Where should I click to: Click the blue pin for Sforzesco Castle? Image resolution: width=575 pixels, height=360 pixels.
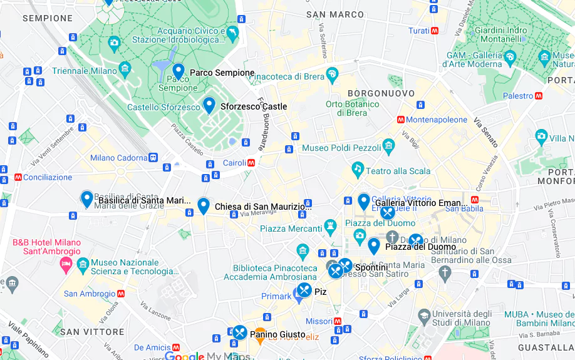point(209,105)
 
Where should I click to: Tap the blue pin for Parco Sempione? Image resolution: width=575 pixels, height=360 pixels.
point(179,71)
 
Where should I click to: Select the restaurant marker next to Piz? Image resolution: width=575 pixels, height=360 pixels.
point(304,291)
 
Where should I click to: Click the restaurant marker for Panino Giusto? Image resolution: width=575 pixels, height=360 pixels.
point(240,333)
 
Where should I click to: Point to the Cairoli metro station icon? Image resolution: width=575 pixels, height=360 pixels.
point(251,162)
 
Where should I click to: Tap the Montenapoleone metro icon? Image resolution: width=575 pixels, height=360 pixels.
point(400,120)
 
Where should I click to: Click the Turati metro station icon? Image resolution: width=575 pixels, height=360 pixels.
point(435,31)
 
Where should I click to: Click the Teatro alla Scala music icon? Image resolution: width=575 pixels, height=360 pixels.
point(358,168)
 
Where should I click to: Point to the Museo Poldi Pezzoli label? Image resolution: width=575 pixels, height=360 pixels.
point(341,148)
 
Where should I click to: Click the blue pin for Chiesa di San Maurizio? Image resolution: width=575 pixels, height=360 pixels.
point(204,205)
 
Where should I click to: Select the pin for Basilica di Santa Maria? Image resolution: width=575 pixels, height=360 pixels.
point(87,199)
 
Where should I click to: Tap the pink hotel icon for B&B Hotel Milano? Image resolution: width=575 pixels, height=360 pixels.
point(66,266)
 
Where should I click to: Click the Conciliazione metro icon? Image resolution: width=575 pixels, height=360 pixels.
point(18,177)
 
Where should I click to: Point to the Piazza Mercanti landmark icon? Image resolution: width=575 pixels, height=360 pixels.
point(330,225)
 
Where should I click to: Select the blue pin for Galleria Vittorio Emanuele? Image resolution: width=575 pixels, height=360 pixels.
point(364,202)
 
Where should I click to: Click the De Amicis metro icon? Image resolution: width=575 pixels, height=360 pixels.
point(177,347)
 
